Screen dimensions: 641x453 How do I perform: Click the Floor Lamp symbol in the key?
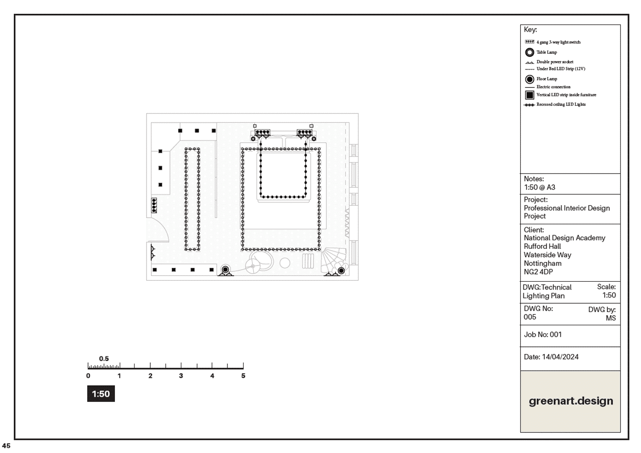(529, 79)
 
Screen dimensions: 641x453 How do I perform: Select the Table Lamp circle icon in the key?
(529, 52)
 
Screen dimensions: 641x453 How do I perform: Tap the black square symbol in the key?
(529, 95)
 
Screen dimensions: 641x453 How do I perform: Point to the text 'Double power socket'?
(555, 62)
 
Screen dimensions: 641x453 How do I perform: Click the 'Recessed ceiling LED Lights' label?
(561, 104)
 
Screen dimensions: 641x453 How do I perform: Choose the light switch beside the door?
(154, 205)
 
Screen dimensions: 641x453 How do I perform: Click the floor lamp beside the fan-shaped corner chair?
(341, 271)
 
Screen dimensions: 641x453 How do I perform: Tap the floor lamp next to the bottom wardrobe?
(225, 269)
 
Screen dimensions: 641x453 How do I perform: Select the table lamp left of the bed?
(253, 139)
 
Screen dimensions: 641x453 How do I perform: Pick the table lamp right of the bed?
(314, 139)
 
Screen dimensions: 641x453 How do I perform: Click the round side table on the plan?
(285, 263)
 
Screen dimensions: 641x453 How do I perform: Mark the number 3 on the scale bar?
(181, 376)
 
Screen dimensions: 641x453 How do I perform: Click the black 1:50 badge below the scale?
(101, 394)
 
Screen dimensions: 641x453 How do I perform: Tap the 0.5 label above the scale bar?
(104, 359)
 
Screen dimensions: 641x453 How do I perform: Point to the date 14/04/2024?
(560, 357)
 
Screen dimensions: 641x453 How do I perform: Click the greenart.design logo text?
(571, 401)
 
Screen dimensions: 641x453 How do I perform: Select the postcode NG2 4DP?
(538, 272)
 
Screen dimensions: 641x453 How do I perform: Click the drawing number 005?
(530, 317)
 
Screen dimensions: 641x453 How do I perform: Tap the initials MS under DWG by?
(611, 318)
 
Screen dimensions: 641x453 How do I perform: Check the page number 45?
(6, 445)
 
